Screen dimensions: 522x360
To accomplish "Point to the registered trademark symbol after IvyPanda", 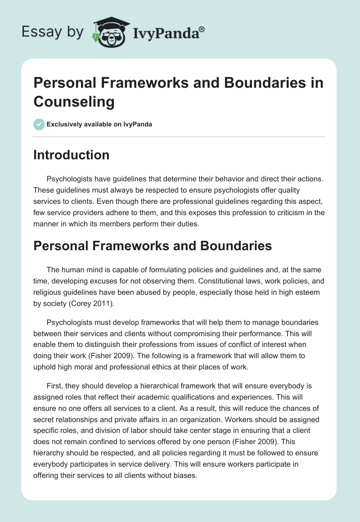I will pyautogui.click(x=202, y=29).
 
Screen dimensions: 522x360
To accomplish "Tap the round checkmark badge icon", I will pyautogui.click(x=39, y=124).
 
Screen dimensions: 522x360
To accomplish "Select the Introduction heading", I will pyautogui.click(x=72, y=155).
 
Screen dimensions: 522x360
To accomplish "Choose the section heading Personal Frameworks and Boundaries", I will pyautogui.click(x=153, y=246).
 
